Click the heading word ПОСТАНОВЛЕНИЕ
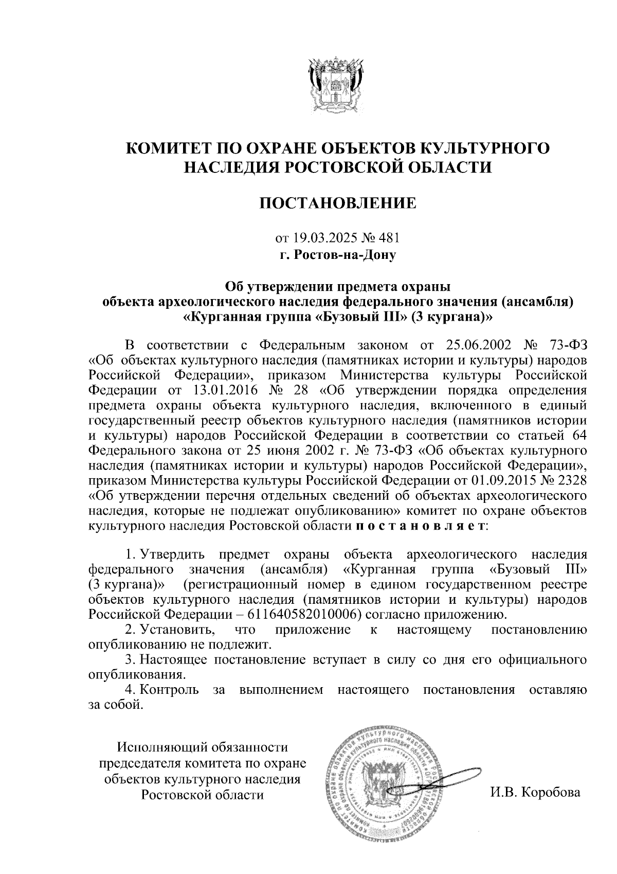click(x=337, y=204)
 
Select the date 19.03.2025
click(x=322, y=238)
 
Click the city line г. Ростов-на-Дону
click(x=337, y=254)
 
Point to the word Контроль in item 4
click(x=170, y=690)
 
